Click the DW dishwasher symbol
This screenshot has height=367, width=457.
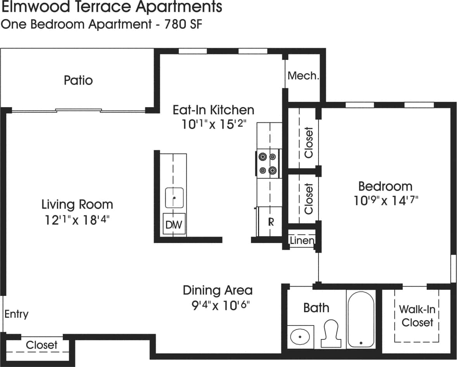pyautogui.click(x=174, y=224)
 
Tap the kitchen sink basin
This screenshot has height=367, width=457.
pyautogui.click(x=174, y=198)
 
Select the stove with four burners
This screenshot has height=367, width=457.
pyautogui.click(x=268, y=163)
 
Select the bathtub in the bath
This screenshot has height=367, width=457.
pyautogui.click(x=361, y=319)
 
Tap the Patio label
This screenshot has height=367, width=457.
pyautogui.click(x=78, y=80)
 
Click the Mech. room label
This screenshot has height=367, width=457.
pyautogui.click(x=303, y=76)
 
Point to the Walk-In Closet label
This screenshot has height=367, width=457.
pyautogui.click(x=417, y=316)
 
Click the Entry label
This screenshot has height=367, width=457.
pyautogui.click(x=16, y=314)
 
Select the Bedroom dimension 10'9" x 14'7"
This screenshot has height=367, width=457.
pyautogui.click(x=385, y=201)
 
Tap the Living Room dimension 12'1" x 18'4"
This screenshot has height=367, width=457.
pyautogui.click(x=77, y=220)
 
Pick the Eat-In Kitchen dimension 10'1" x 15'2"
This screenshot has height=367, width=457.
pyautogui.click(x=213, y=125)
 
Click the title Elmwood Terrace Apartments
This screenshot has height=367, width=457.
pyautogui.click(x=112, y=7)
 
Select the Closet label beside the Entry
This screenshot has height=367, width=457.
pyautogui.click(x=42, y=345)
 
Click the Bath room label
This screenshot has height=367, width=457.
pyautogui.click(x=316, y=308)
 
